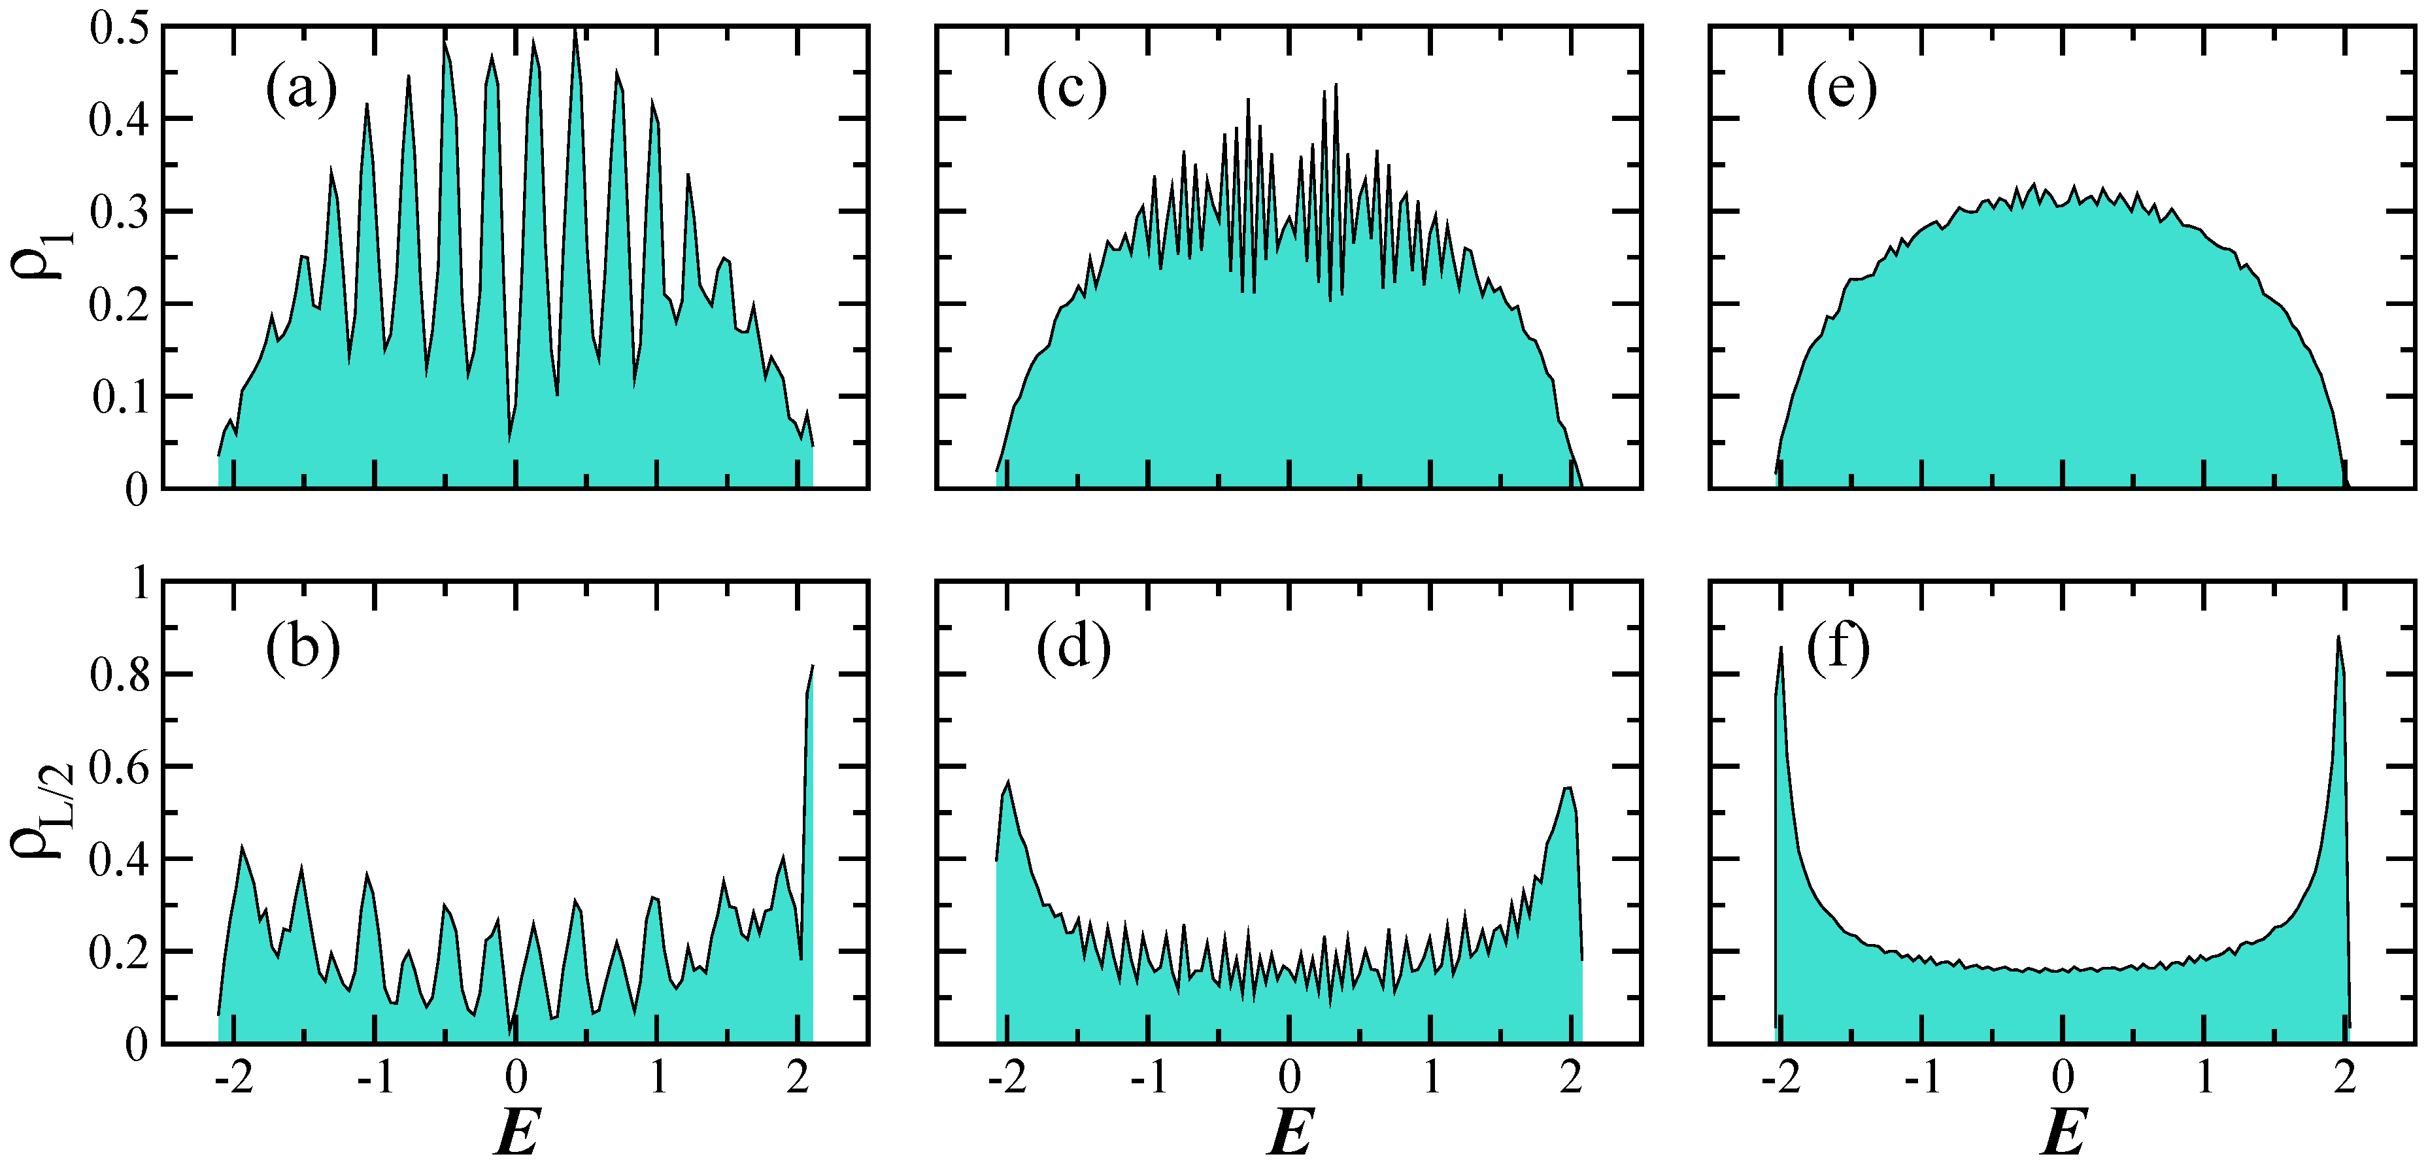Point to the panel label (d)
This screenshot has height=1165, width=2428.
click(x=1073, y=649)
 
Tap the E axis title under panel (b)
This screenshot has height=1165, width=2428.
click(x=516, y=1131)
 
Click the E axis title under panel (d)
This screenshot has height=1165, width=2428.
click(x=1289, y=1131)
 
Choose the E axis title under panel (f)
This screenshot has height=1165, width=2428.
click(x=2063, y=1131)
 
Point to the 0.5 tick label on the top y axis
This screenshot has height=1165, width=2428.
click(x=119, y=28)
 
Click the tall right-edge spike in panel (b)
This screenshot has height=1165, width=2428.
click(x=809, y=717)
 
